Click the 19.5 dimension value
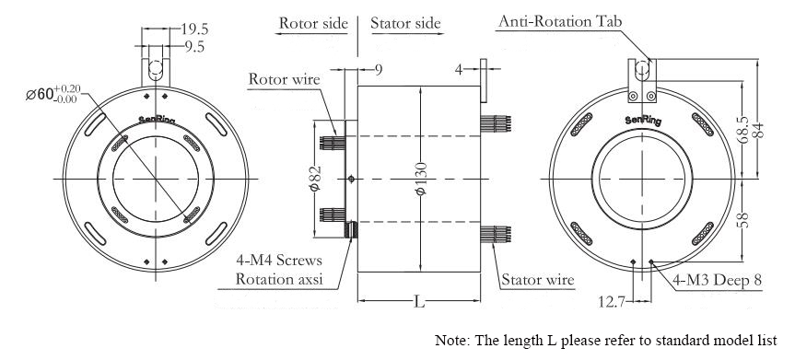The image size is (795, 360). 194,29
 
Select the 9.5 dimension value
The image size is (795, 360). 194,47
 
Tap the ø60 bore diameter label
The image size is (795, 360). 53,94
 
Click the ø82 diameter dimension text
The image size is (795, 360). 316,178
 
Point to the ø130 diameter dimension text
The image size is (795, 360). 423,178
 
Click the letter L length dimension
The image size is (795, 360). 419,301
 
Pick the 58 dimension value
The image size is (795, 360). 742,220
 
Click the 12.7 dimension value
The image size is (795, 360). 611,302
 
